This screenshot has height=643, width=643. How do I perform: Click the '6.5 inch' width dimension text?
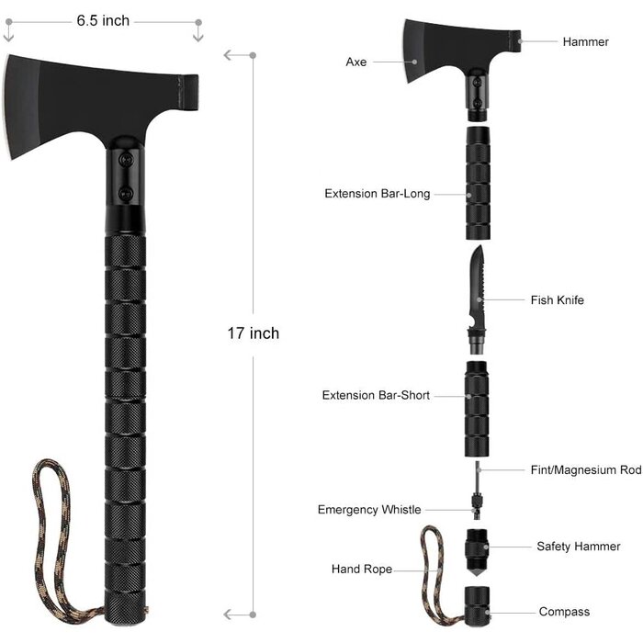pyautogui.click(x=102, y=21)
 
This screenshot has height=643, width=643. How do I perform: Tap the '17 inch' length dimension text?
pyautogui.click(x=253, y=333)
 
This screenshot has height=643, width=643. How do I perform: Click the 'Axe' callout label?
pyautogui.click(x=355, y=62)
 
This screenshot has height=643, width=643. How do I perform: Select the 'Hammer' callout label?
pyautogui.click(x=585, y=42)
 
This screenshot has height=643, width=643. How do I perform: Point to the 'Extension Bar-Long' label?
pyautogui.click(x=377, y=194)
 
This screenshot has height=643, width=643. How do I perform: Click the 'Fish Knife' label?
pyautogui.click(x=557, y=300)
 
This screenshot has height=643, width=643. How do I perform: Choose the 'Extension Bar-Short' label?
pyautogui.click(x=376, y=396)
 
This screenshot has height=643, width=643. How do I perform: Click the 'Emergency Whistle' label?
pyautogui.click(x=369, y=510)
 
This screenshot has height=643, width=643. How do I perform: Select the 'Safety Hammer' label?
pyautogui.click(x=579, y=547)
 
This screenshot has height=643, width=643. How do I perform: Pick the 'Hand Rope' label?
pyautogui.click(x=362, y=570)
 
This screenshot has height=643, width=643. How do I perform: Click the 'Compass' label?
pyautogui.click(x=564, y=612)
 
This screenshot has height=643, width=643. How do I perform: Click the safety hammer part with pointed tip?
pyautogui.click(x=477, y=551)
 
